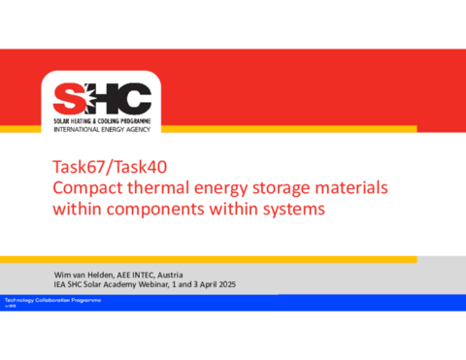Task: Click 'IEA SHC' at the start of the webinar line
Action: point(69,283)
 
